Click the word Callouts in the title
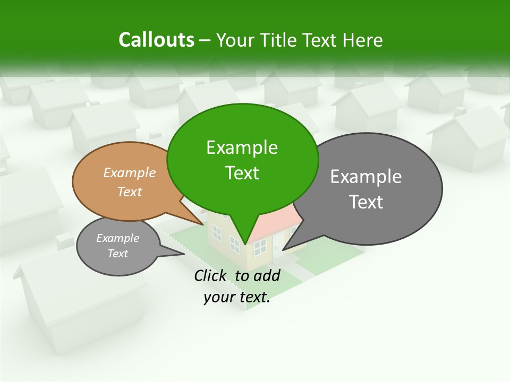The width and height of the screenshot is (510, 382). pos(156,40)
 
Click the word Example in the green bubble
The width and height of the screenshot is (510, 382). pos(242,147)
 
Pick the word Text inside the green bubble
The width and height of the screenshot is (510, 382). pos(242,173)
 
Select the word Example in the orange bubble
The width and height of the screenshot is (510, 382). pos(129,172)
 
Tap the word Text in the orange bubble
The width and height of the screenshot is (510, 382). pos(129,192)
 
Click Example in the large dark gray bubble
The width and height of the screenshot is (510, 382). pos(366,177)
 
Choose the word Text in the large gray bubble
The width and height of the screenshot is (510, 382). pos(366,202)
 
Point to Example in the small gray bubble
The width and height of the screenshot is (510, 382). pos(117,238)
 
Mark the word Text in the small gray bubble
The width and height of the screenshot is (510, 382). pos(117,254)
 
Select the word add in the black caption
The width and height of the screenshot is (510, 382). pos(267,275)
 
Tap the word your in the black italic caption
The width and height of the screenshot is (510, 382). pos(219,297)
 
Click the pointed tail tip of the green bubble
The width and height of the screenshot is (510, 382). pos(245,244)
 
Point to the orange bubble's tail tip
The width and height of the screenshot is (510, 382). pos(204,224)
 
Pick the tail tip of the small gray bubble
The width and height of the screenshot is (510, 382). pos(184,254)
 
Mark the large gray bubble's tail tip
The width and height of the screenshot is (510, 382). pos(283,249)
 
